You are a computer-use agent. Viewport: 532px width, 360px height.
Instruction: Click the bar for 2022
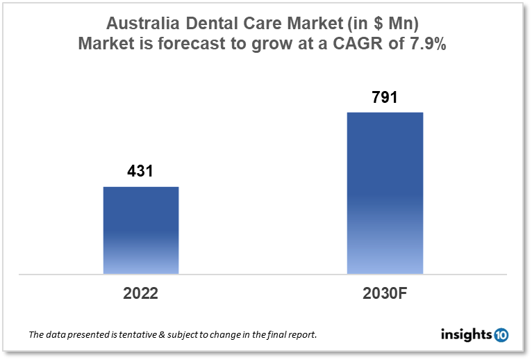(x=141, y=230)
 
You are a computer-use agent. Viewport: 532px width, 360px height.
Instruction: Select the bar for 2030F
(x=385, y=193)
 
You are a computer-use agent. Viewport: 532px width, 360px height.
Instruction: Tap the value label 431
(x=140, y=172)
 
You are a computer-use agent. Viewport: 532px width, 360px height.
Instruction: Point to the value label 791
(x=384, y=97)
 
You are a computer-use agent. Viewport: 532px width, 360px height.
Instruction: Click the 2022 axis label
(x=141, y=293)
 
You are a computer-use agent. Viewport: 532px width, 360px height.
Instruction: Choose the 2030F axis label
(x=384, y=293)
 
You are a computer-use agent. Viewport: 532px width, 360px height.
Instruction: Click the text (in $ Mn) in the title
(x=379, y=23)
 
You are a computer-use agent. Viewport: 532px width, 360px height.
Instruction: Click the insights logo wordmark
(x=466, y=335)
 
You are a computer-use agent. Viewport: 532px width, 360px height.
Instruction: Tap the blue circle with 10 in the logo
(x=501, y=335)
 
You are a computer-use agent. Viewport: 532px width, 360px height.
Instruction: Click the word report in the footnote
(x=301, y=335)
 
